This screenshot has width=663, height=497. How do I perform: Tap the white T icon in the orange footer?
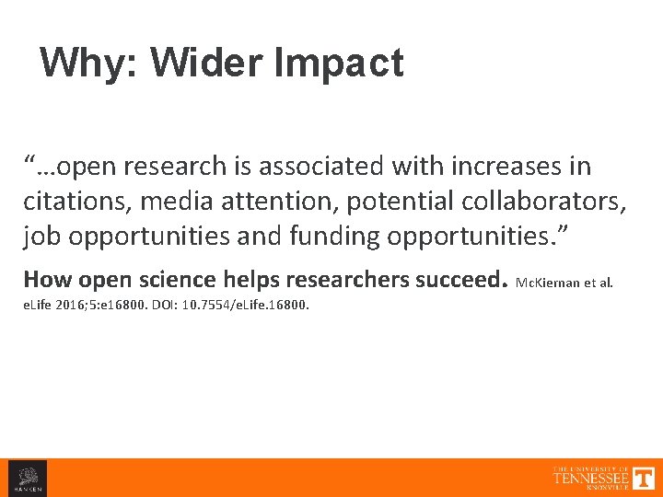[644, 478]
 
